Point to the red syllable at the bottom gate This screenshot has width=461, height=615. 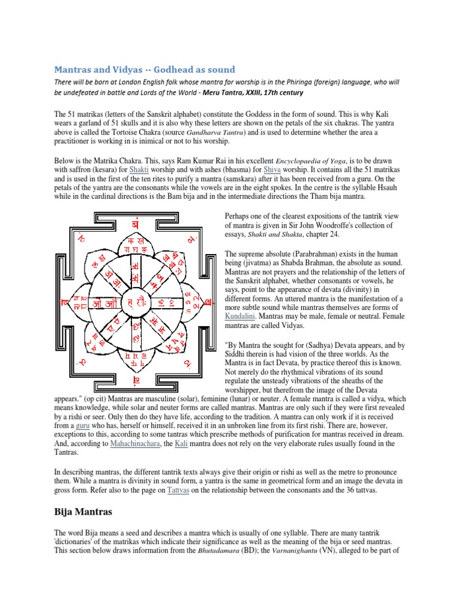pos(137,381)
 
